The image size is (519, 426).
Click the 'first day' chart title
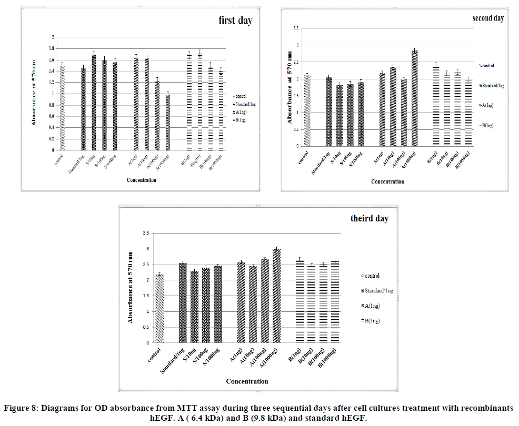point(235,21)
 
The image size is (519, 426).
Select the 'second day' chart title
point(488,18)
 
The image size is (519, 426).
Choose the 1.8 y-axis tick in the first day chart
point(52,48)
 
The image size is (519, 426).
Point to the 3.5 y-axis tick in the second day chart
point(297,28)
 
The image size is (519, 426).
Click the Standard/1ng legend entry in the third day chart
point(374,290)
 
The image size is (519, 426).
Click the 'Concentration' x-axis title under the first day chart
point(141,180)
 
